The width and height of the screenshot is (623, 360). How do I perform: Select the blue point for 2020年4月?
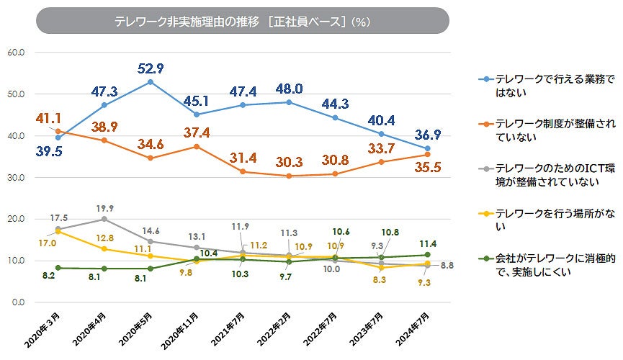click(104, 105)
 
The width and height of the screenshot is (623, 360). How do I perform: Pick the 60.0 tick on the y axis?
click(15, 53)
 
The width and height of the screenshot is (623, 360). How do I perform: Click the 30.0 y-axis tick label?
click(15, 178)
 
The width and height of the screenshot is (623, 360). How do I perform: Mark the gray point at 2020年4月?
click(104, 219)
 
